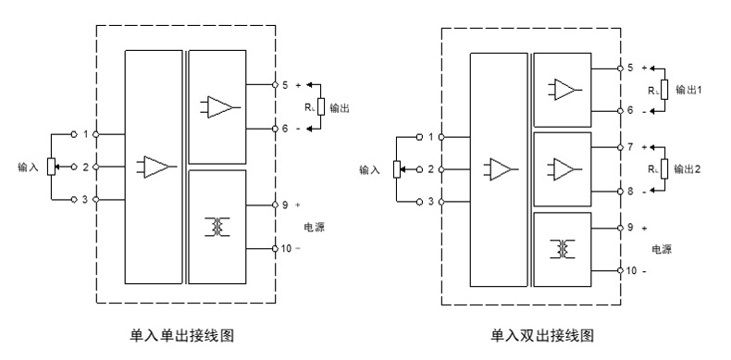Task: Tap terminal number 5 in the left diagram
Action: (285, 84)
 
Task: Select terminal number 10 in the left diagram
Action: (287, 248)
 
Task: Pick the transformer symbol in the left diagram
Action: (218, 225)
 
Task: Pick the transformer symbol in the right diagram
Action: (562, 248)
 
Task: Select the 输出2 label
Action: (690, 168)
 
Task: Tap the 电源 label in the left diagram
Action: (315, 226)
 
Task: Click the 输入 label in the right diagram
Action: (369, 169)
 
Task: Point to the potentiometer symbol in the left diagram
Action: (52, 168)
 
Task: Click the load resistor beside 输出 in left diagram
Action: (320, 106)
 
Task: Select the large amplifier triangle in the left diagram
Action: (156, 168)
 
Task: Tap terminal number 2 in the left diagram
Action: (85, 168)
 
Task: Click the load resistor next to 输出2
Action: (664, 168)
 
